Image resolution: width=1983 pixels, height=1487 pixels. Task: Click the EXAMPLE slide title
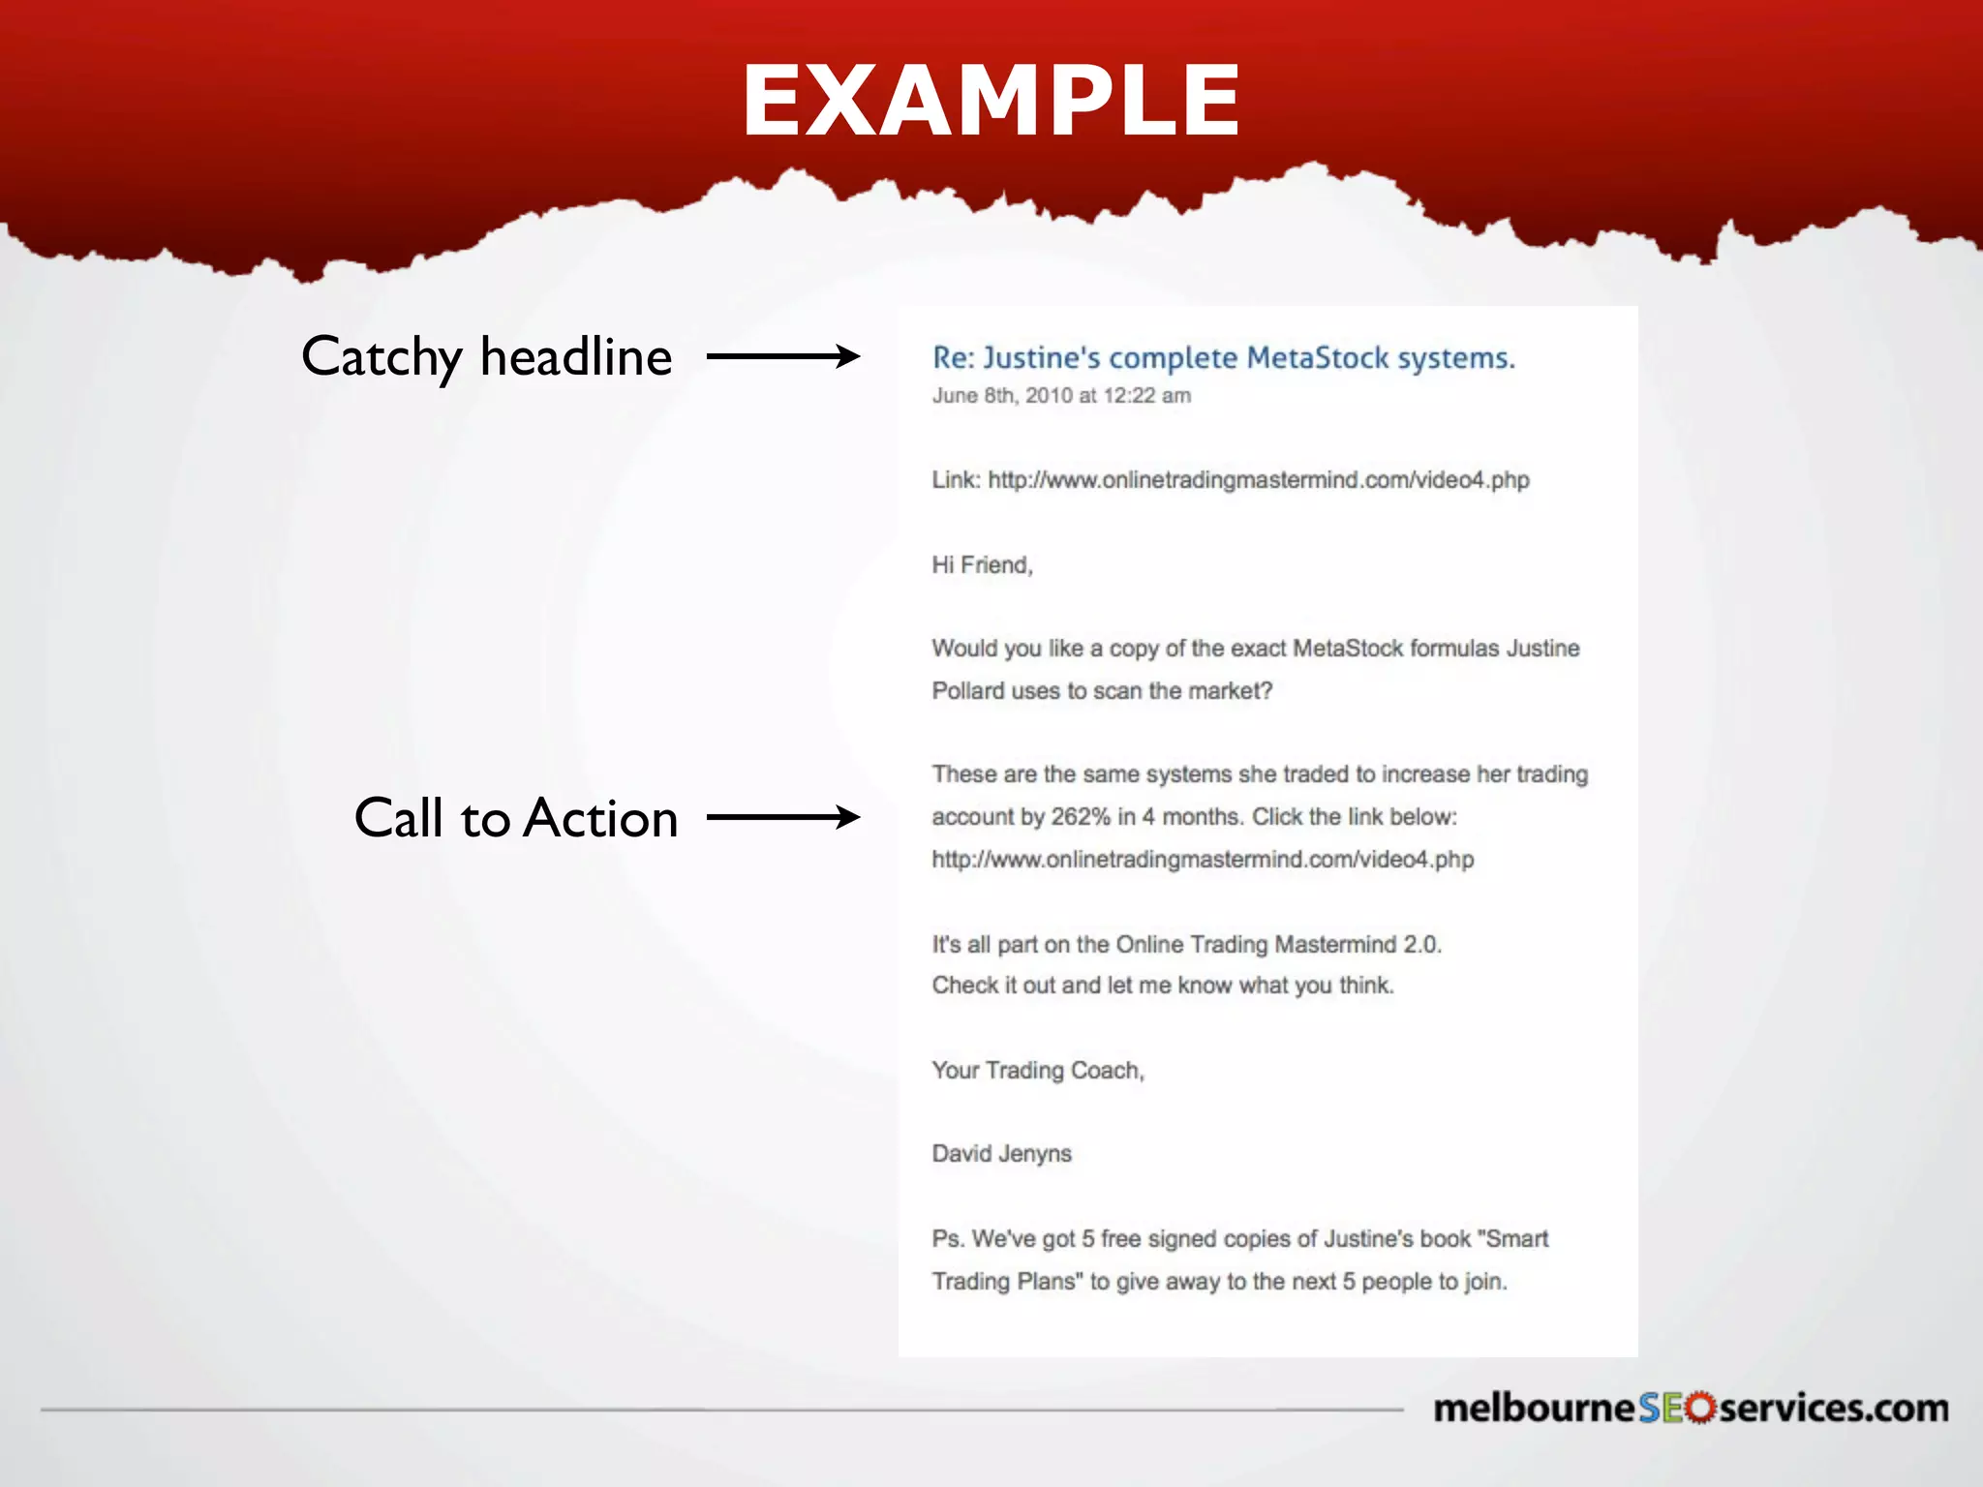click(991, 101)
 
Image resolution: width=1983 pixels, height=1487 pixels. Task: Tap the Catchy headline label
click(486, 356)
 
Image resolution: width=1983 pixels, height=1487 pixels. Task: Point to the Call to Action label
click(515, 817)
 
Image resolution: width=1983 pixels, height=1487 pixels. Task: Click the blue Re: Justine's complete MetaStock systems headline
click(1223, 358)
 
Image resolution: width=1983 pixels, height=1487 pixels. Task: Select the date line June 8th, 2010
click(1061, 395)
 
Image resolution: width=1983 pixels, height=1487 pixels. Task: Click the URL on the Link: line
click(1258, 480)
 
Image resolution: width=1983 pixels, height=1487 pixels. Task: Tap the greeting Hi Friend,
click(982, 564)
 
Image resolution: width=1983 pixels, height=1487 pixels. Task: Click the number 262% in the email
click(1081, 816)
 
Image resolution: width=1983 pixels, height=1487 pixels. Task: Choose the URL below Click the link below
click(1203, 859)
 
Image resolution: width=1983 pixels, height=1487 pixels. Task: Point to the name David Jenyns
click(1001, 1153)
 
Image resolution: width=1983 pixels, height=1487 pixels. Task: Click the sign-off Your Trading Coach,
click(1038, 1070)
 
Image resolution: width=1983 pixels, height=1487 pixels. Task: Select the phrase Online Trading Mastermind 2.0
click(1278, 944)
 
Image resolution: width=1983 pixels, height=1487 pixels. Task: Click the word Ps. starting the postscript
click(948, 1238)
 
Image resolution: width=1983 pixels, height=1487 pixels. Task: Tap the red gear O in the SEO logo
click(1699, 1408)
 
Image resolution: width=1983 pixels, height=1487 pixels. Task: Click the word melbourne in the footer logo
click(1534, 1408)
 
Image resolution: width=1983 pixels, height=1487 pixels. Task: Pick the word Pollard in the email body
click(967, 690)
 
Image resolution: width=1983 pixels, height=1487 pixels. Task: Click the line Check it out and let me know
click(1162, 986)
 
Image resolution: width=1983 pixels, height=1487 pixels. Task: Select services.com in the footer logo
click(1833, 1408)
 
